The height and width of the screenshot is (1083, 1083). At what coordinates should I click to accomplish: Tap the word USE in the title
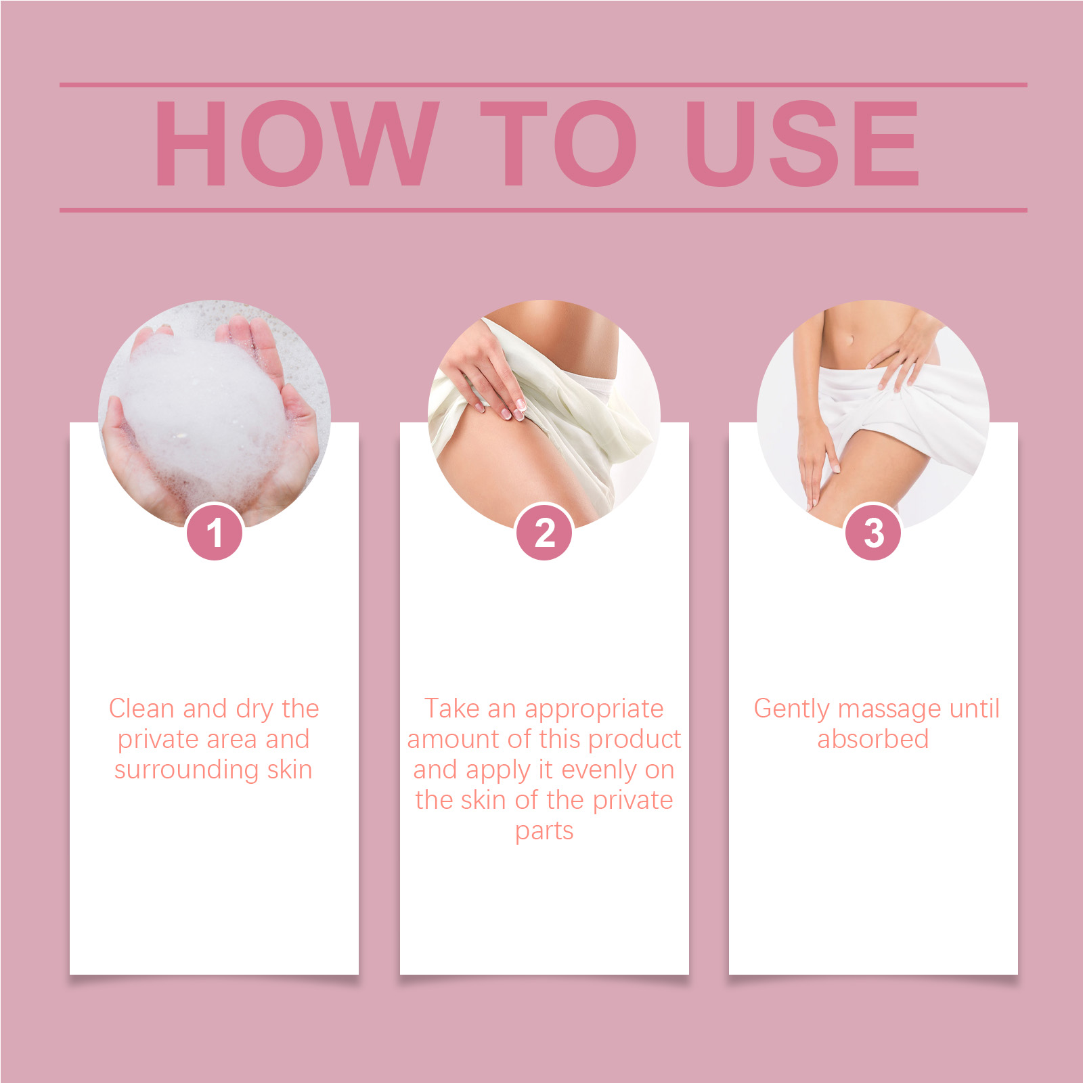pos(802,143)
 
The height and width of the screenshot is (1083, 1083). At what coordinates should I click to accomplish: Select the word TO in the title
pos(558,143)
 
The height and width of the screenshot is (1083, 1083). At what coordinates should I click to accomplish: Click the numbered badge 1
pos(215,532)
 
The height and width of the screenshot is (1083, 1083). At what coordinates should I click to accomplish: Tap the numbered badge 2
pos(544,532)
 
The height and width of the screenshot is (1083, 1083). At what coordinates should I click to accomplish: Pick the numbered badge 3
pos(873,532)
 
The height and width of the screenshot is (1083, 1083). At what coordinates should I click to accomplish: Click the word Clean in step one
pos(141,708)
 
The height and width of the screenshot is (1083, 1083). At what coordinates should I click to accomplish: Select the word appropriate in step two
pos(594,709)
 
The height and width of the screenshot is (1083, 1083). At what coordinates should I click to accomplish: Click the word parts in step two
pos(544,831)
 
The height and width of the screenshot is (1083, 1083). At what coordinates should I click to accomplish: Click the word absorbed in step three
pos(873,738)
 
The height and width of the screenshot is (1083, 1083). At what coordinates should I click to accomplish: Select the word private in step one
pos(160,740)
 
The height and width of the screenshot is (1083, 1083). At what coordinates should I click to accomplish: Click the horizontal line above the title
pos(544,85)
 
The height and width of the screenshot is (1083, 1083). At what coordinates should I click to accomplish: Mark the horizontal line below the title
pos(544,210)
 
